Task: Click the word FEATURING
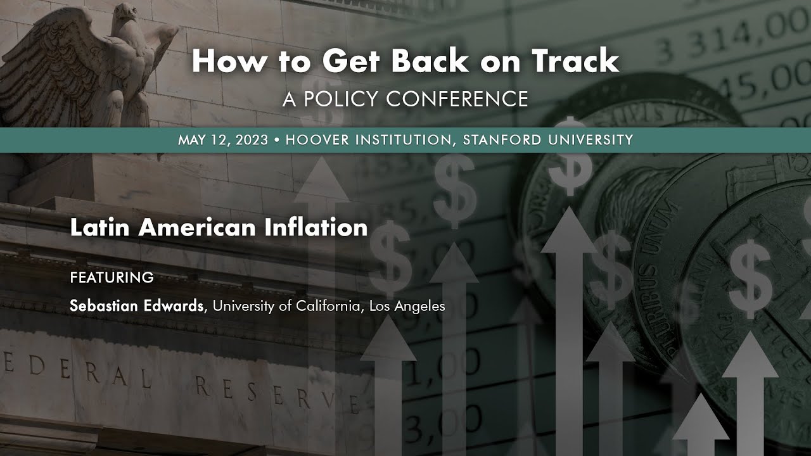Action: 112,277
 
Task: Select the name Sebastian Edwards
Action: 137,306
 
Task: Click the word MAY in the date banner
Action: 192,140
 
